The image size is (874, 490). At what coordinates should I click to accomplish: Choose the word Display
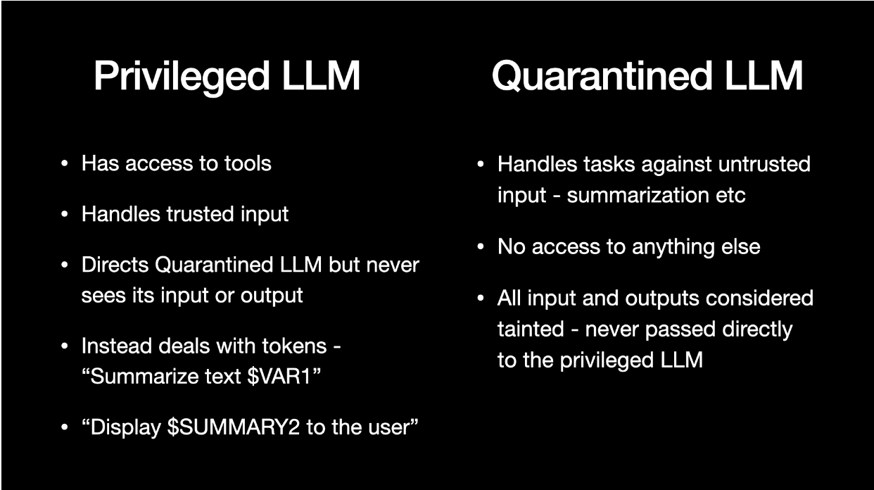click(125, 427)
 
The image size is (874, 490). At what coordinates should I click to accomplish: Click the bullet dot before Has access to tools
click(65, 164)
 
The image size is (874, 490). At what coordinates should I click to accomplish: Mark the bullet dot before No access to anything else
click(481, 247)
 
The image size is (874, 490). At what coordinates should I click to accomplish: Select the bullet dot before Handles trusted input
click(65, 214)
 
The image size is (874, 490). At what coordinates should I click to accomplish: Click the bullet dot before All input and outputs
click(481, 298)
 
